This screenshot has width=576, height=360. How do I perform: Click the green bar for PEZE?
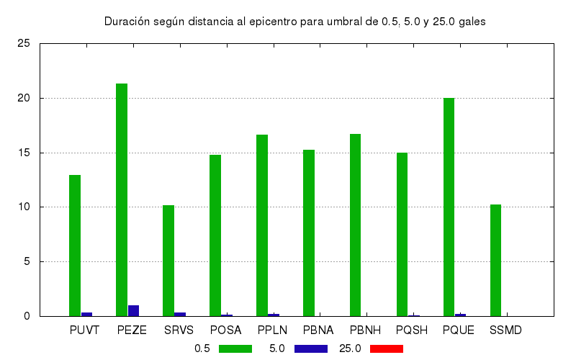pos(122,199)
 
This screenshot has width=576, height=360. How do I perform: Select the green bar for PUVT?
pos(75,245)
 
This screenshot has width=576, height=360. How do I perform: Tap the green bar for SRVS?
pos(168,260)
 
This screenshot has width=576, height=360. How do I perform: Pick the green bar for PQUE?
pos(449,207)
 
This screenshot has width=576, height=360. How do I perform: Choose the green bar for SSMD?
pos(495,260)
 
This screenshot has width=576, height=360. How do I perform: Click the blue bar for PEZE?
pos(133,310)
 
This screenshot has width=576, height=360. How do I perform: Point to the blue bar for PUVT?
pos(86,314)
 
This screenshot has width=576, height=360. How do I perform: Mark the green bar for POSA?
pos(215,235)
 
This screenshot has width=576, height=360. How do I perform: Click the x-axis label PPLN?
pos(273,330)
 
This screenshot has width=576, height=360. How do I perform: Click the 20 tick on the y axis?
pos(24,98)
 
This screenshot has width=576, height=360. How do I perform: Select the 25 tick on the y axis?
pos(24,43)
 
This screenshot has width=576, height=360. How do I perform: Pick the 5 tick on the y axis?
pos(27,261)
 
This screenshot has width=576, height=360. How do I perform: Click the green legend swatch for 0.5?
pos(234,348)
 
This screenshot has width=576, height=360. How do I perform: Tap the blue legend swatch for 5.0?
pos(310,348)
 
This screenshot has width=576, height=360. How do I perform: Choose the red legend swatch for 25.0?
pos(386,348)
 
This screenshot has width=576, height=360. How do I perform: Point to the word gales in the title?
pos(471,22)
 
